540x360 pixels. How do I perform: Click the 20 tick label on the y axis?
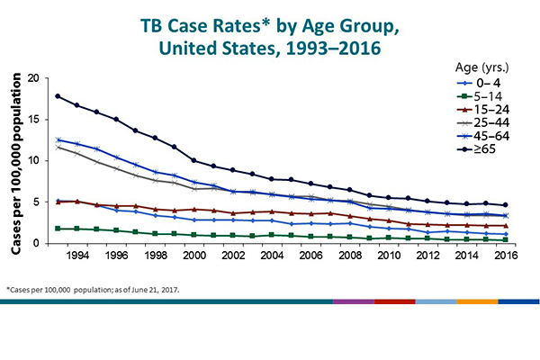coord(33,78)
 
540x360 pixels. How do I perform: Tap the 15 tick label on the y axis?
coord(33,120)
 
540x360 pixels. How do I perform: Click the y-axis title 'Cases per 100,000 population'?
coord(13,162)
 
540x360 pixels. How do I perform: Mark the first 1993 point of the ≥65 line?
coord(58,96)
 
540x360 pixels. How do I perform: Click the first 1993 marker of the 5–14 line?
coord(58,229)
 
